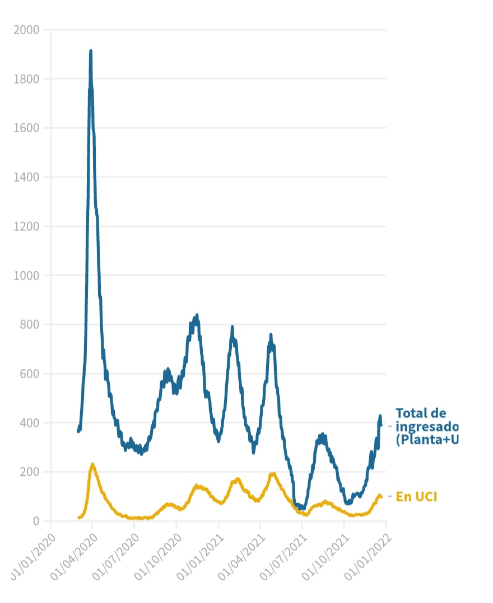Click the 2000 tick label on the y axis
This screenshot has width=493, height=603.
click(x=25, y=30)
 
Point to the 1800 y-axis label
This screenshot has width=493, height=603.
click(x=25, y=79)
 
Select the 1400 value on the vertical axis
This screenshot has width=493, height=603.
click(x=25, y=177)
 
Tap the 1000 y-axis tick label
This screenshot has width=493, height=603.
click(x=25, y=276)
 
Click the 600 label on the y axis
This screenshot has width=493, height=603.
click(x=28, y=374)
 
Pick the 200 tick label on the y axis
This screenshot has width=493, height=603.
click(x=28, y=472)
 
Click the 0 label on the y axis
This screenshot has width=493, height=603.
click(x=36, y=521)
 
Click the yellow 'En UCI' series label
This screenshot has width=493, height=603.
click(x=416, y=497)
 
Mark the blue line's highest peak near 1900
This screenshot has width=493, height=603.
click(x=91, y=52)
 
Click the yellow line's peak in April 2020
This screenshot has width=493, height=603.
click(x=92, y=464)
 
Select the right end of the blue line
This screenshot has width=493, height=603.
click(x=381, y=424)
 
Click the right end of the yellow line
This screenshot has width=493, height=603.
click(x=382, y=497)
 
